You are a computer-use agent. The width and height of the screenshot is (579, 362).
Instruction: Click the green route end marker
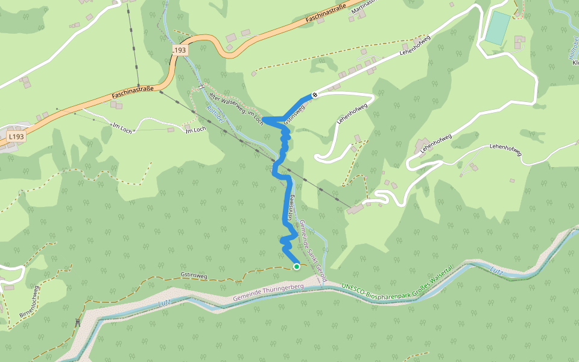tap(296, 266)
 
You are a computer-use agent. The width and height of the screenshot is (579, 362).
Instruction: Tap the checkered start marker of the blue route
tap(315, 95)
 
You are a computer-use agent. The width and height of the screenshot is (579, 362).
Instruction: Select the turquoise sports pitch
tap(498, 28)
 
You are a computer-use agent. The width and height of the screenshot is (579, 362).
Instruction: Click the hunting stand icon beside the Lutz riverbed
tap(77, 323)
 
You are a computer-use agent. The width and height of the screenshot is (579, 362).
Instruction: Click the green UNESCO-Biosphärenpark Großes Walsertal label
tap(396, 279)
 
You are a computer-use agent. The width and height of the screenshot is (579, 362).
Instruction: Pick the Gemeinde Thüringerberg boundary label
tap(268, 294)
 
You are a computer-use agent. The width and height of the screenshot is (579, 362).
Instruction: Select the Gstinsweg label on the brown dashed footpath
tap(194, 276)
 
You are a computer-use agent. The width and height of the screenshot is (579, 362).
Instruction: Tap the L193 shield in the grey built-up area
tap(16, 137)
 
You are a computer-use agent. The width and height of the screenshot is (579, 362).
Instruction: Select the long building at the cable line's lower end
tap(355, 208)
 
